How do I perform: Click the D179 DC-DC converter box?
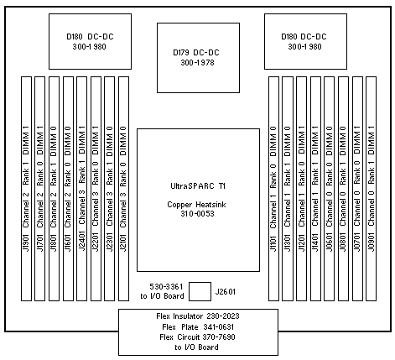[x=198, y=58]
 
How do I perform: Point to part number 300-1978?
[x=197, y=63]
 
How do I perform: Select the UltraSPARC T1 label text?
[x=198, y=186]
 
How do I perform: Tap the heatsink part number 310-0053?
[x=197, y=214]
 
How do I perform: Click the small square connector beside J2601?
[x=200, y=291]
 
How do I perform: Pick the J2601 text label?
[x=226, y=292]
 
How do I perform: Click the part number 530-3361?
[x=166, y=287]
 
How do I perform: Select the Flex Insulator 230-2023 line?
[x=198, y=316]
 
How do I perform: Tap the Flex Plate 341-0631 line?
[x=198, y=327]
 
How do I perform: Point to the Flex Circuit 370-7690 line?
[x=197, y=337]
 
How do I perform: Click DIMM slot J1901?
[x=26, y=189]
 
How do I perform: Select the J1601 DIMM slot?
[x=68, y=189]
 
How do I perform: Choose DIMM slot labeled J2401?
[x=82, y=189]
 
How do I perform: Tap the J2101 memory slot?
[x=123, y=189]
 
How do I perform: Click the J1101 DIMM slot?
[x=273, y=189]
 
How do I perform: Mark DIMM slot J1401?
[x=315, y=189]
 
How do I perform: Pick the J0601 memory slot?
[x=330, y=189]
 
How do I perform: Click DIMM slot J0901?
[x=372, y=189]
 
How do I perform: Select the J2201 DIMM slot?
[x=96, y=189]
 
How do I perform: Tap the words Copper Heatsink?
[x=196, y=205]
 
